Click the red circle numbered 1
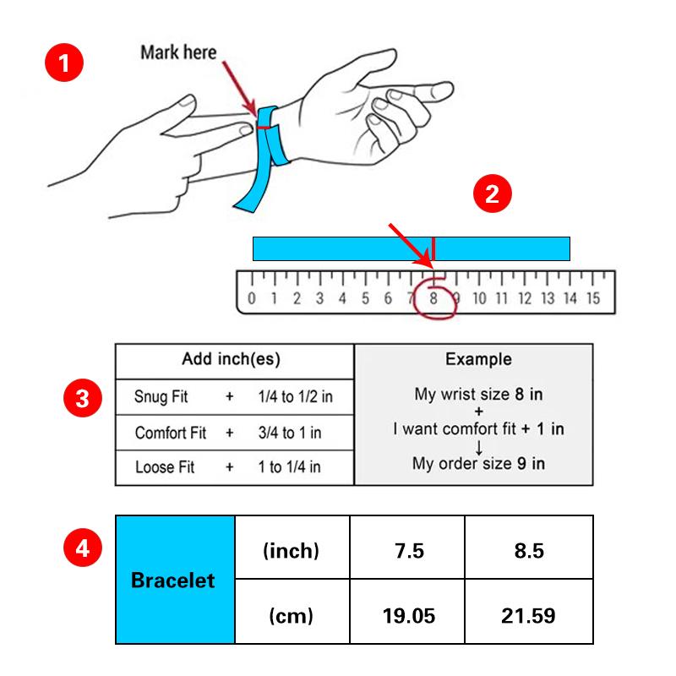pos(64,62)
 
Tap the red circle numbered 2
pos(493,194)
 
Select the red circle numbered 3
pos(83,398)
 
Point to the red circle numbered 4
pos(83,548)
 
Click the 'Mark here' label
pos(178,52)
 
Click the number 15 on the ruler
pos(593,298)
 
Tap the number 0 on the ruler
pos(252,298)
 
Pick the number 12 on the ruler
pos(525,298)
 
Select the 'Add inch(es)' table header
pos(231,359)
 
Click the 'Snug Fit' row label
pos(161,396)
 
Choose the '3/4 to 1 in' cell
pos(290,433)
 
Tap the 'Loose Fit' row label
pos(165,467)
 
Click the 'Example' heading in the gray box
pos(478,359)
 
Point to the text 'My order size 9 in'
pos(478,463)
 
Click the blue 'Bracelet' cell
pos(175,580)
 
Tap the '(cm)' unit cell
pos(292,616)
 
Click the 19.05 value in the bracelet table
pos(409,616)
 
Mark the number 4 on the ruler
pos(342,298)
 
